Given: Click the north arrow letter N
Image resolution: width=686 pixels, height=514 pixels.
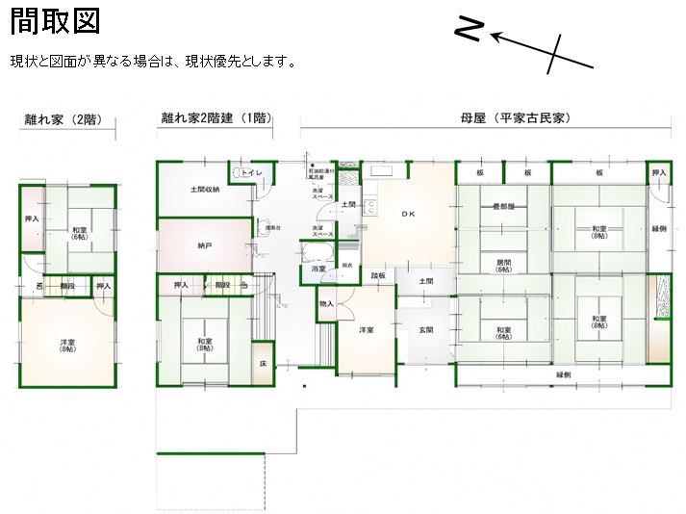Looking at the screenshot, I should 468,30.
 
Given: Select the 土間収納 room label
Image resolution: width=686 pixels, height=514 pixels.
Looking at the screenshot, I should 204,190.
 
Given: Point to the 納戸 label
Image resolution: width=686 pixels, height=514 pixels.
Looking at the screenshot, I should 204,246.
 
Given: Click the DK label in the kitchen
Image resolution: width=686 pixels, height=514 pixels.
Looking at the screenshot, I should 408,214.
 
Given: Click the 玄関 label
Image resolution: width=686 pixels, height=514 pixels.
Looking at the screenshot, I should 425,330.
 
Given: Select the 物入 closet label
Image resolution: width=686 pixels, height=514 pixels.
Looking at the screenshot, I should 326,304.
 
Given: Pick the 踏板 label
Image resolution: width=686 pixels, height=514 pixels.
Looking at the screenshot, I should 378,276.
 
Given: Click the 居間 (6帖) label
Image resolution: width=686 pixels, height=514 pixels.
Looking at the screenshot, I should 503,266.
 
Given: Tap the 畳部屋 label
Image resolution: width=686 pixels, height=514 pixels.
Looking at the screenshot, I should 503,207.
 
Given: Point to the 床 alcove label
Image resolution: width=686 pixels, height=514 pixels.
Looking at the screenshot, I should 263,364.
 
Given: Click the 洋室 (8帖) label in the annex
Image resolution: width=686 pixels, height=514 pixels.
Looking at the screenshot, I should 67,344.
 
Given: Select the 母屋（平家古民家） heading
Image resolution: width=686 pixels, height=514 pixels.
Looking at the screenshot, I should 516,118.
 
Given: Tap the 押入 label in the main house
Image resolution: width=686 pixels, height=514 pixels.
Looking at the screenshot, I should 658,173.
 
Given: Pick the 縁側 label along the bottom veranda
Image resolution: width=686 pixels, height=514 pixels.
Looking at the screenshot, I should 563,375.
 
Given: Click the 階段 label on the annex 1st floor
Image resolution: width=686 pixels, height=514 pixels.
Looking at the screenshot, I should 222,286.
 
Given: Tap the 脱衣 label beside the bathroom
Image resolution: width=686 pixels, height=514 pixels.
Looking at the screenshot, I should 347,266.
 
